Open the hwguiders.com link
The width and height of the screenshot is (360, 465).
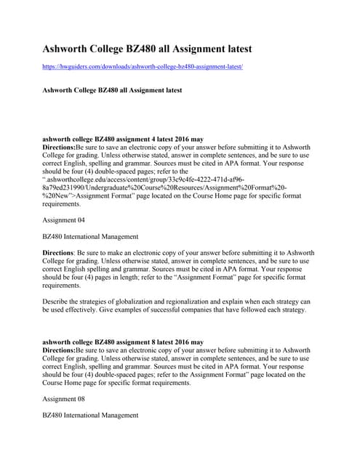click(x=143, y=66)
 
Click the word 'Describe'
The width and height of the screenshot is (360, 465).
click(x=57, y=301)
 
